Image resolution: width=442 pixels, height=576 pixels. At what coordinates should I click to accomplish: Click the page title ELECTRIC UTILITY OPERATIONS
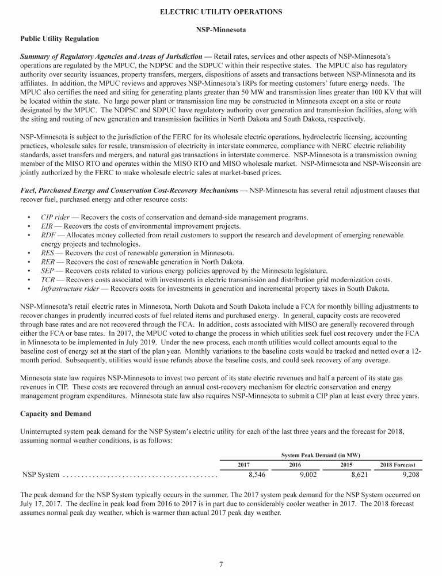[221, 12]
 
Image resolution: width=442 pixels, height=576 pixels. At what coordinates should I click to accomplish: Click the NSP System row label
[40, 475]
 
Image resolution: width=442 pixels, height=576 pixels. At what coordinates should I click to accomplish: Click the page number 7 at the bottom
[221, 564]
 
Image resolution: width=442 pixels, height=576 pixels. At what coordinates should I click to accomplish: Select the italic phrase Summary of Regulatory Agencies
[75, 56]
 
